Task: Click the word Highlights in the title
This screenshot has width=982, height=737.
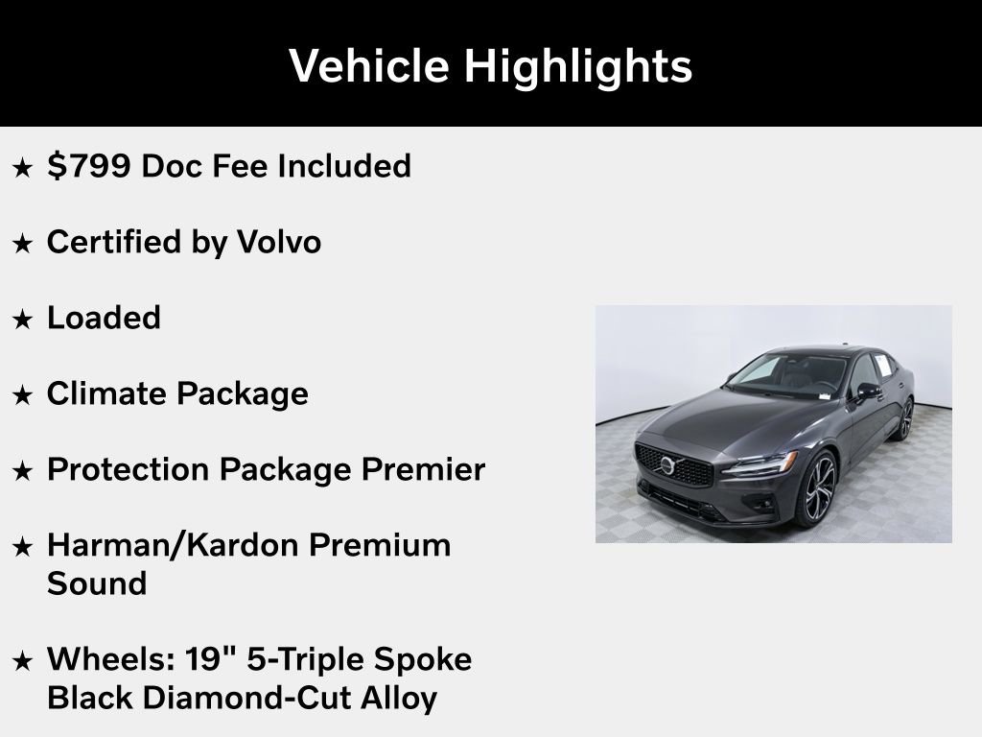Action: pos(578,66)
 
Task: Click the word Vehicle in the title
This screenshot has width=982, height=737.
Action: pos(368,66)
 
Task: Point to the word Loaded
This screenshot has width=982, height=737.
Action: pos(104,318)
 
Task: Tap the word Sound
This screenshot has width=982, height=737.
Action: pos(97,583)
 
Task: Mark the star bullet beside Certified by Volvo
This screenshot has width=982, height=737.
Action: pos(22,244)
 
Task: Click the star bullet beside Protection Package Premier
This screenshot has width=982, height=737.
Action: pos(22,471)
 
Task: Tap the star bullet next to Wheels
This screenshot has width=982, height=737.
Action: pos(22,661)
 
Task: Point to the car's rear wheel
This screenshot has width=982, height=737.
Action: pos(904,418)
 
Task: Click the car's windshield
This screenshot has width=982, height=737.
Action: pos(783,374)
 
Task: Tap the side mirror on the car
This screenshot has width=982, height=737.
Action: pos(867,392)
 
